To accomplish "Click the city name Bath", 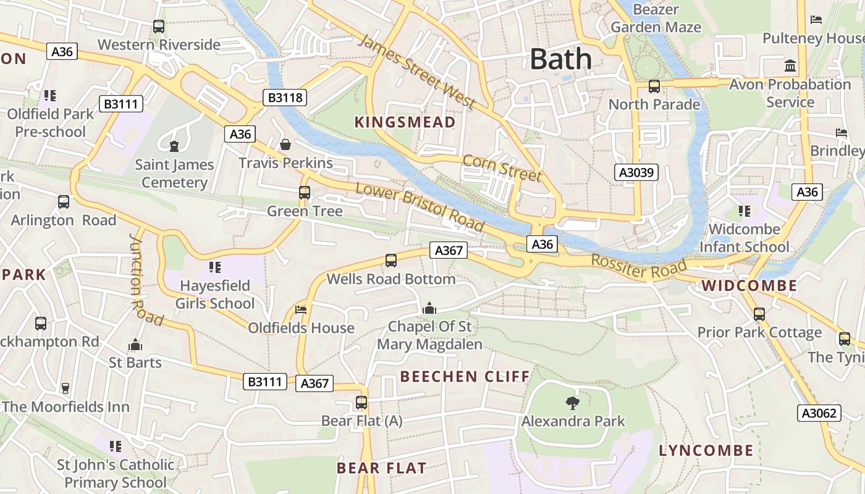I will click(x=561, y=59).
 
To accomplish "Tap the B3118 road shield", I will click(x=285, y=97).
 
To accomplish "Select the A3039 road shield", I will click(x=636, y=172).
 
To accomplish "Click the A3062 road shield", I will click(x=819, y=413).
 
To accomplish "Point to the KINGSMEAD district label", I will click(x=405, y=122).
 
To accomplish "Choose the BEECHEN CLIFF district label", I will click(x=465, y=376).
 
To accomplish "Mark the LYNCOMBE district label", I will click(x=706, y=450).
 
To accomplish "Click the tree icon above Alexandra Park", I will click(x=573, y=403).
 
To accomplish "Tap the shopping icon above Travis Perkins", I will click(x=285, y=144).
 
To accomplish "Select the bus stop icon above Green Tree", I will click(x=304, y=192).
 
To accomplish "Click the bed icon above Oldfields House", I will click(x=301, y=309).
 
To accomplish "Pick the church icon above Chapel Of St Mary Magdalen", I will click(x=429, y=308).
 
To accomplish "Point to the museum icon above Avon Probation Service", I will click(x=790, y=65).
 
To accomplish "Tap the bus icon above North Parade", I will click(x=654, y=86).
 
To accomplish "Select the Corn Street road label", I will click(x=502, y=168).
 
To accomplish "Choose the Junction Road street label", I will click(x=145, y=280).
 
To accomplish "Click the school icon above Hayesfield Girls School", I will click(x=215, y=267).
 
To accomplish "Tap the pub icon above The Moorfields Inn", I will click(x=65, y=388).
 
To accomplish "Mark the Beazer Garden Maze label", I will click(x=656, y=19).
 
